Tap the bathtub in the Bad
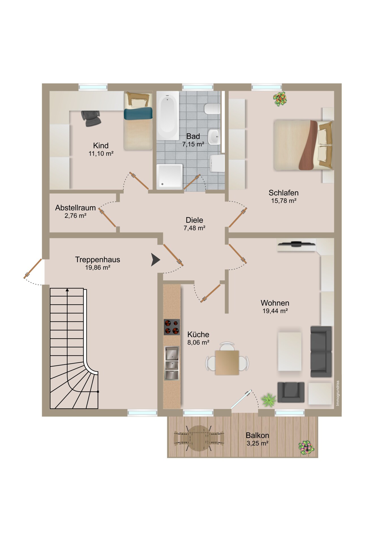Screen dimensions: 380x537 168,115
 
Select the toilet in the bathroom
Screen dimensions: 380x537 212,109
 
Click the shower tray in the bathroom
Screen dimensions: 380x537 169,176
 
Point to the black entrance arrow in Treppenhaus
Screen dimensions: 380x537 155,260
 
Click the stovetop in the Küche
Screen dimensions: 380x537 172,327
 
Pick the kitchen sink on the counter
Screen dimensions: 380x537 172,363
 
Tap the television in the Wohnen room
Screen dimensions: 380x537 296,244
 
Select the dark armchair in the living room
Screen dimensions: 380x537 291,392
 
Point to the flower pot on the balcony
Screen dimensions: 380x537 306,448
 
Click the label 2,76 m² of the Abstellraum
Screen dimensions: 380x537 75,216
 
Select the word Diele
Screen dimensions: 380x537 194,220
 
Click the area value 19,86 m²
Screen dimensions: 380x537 98,267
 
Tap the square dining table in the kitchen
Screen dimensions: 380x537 227,363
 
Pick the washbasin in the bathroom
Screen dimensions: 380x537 214,137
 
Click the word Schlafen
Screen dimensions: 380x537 284,193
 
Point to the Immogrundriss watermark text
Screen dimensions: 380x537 338,393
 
